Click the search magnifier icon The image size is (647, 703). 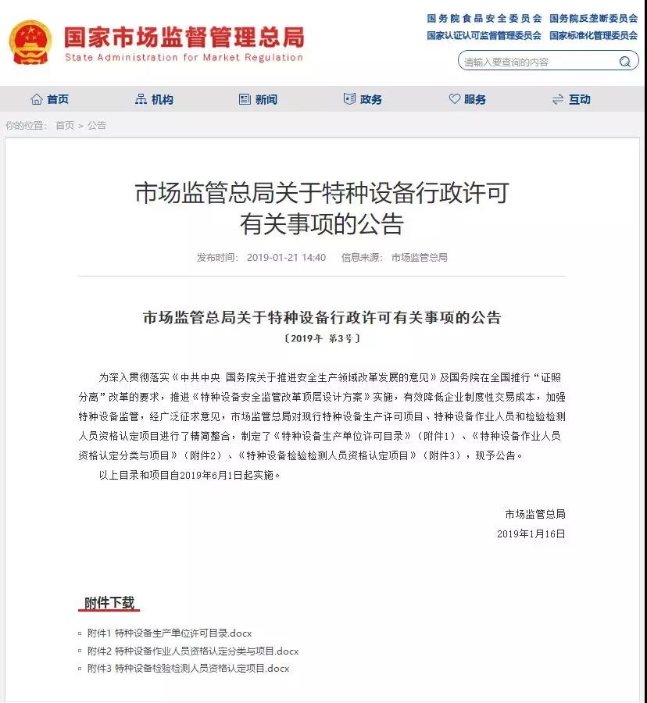click(625, 62)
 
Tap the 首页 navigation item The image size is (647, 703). click(50, 99)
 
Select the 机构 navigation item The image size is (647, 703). click(154, 99)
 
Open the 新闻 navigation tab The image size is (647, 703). click(258, 99)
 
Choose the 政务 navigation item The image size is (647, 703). click(363, 99)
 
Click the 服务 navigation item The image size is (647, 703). click(467, 99)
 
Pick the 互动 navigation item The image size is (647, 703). click(571, 99)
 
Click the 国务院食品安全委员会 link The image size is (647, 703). click(484, 18)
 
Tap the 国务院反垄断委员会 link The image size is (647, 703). click(593, 18)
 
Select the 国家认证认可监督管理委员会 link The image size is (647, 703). click(484, 35)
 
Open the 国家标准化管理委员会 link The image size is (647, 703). click(593, 35)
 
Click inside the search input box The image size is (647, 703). click(535, 62)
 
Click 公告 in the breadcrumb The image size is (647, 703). click(97, 125)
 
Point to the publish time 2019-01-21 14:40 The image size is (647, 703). click(286, 257)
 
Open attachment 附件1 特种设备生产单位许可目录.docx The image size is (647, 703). click(170, 633)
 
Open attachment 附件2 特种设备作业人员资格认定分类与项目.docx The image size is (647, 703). click(193, 651)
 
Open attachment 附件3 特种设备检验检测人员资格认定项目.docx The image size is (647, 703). click(188, 668)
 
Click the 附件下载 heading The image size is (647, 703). click(110, 603)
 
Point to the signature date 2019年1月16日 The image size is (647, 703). click(531, 533)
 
